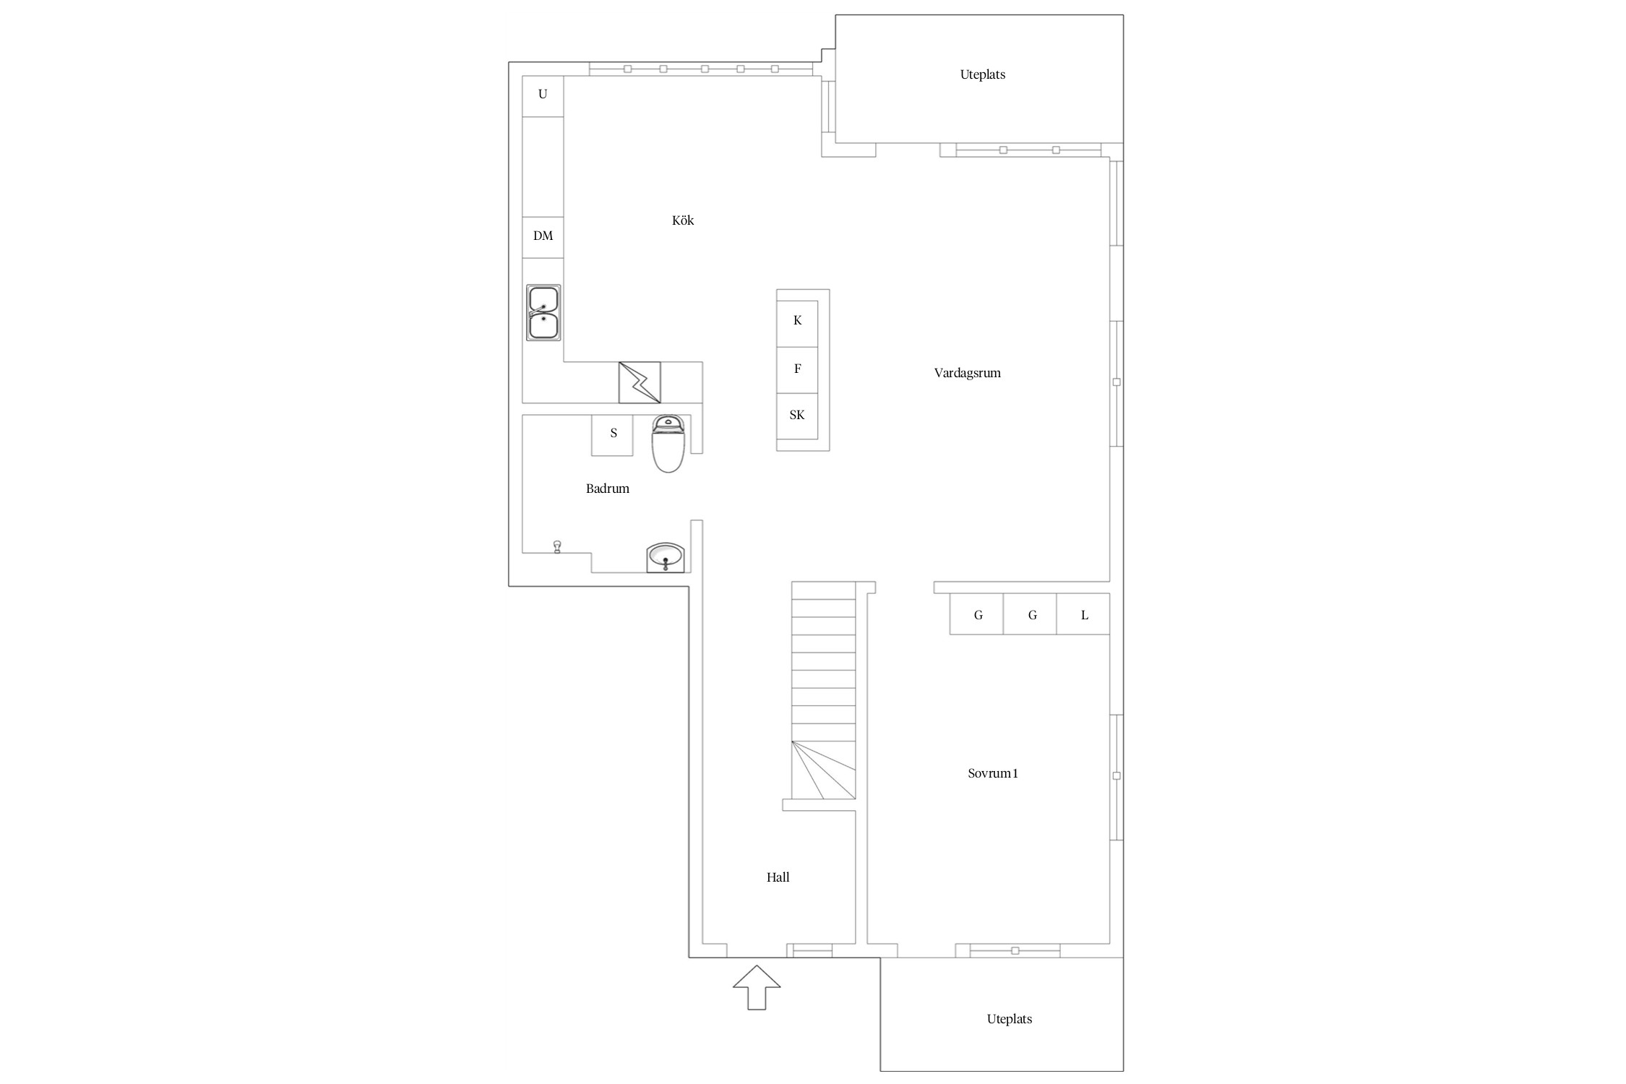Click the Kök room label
[683, 220]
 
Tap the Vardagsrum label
[967, 374]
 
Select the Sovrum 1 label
[993, 773]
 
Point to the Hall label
[778, 877]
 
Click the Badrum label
[608, 489]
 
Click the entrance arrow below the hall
[757, 987]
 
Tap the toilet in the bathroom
[668, 444]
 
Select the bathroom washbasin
[666, 557]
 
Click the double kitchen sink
[543, 313]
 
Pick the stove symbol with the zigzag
[640, 382]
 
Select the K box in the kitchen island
[797, 324]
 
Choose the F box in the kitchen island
[797, 370]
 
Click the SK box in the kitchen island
[797, 416]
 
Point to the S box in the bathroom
[612, 435]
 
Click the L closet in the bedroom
[1083, 614]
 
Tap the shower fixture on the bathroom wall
[557, 547]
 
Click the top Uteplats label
[983, 74]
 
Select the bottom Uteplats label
[1010, 1019]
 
